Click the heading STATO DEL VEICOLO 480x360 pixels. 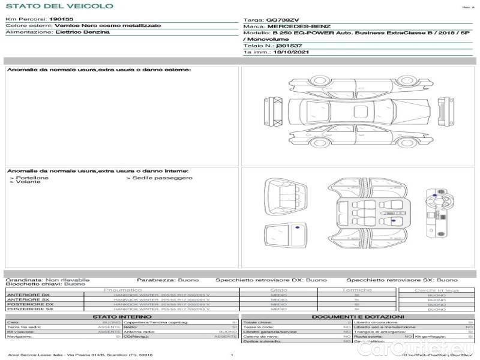(x=59, y=6)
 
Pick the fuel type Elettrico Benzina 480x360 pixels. (x=83, y=32)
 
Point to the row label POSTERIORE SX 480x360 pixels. (x=29, y=310)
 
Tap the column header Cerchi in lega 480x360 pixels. (x=436, y=290)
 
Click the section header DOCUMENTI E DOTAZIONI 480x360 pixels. (x=358, y=317)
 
